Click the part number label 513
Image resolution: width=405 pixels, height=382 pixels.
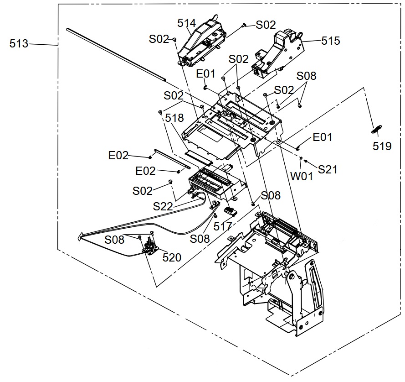coord(19,44)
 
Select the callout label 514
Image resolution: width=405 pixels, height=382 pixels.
coord(186,23)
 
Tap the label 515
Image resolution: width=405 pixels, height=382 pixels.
coord(330,41)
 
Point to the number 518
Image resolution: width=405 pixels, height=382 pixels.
coord(174,118)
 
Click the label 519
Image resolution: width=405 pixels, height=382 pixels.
coord(382,146)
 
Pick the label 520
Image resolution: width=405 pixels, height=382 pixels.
coord(172,257)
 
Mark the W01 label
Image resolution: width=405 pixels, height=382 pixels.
coord(302,176)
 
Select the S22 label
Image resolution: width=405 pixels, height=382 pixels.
coord(163,207)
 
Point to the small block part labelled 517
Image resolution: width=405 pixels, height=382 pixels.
coord(230,211)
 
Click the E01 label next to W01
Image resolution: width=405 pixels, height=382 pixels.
coord(322,137)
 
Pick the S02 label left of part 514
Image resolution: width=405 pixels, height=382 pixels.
coord(159,39)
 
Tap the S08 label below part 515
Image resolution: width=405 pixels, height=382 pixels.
coord(306,76)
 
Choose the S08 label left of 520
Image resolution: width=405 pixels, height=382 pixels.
coord(114,239)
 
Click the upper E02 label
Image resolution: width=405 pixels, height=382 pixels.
coord(118,156)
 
